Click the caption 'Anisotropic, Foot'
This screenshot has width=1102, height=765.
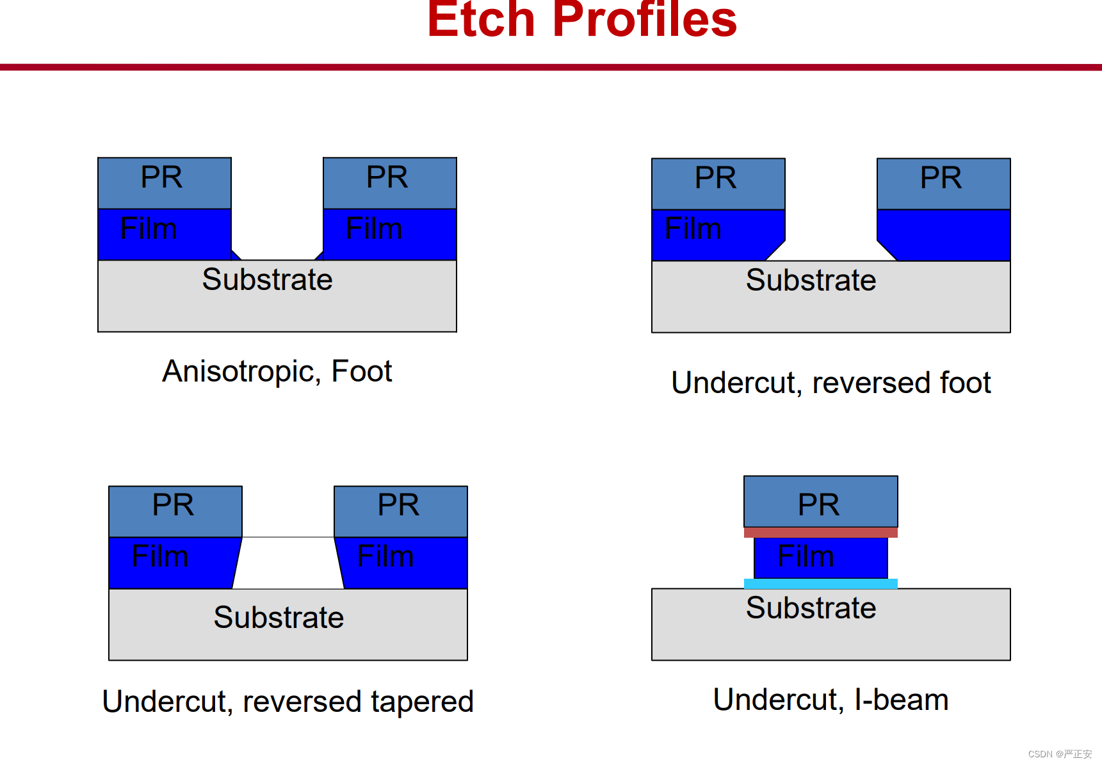point(277,371)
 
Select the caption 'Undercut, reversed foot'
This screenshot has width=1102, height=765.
point(831,383)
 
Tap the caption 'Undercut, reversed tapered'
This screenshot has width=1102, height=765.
point(288,702)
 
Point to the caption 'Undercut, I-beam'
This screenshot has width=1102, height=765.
point(831,700)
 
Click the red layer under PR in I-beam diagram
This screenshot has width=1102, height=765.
point(821,533)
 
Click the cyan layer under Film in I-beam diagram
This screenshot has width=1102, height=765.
point(821,584)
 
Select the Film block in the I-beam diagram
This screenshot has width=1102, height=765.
point(821,558)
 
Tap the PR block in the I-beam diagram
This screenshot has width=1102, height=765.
point(821,502)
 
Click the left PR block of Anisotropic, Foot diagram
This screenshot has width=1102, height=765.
point(165,183)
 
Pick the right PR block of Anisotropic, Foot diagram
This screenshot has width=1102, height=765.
point(390,183)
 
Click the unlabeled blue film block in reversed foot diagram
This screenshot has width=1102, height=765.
point(944,235)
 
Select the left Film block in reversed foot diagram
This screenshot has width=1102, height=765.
point(718,235)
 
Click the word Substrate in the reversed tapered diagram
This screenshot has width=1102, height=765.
point(279,618)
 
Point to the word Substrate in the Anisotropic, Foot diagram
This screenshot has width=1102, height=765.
point(268,280)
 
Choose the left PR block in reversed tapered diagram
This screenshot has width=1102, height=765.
point(175,511)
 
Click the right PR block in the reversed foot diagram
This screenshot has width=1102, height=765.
point(944,184)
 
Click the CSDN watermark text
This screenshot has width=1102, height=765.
point(1060,754)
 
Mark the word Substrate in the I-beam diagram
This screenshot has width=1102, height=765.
point(811,608)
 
